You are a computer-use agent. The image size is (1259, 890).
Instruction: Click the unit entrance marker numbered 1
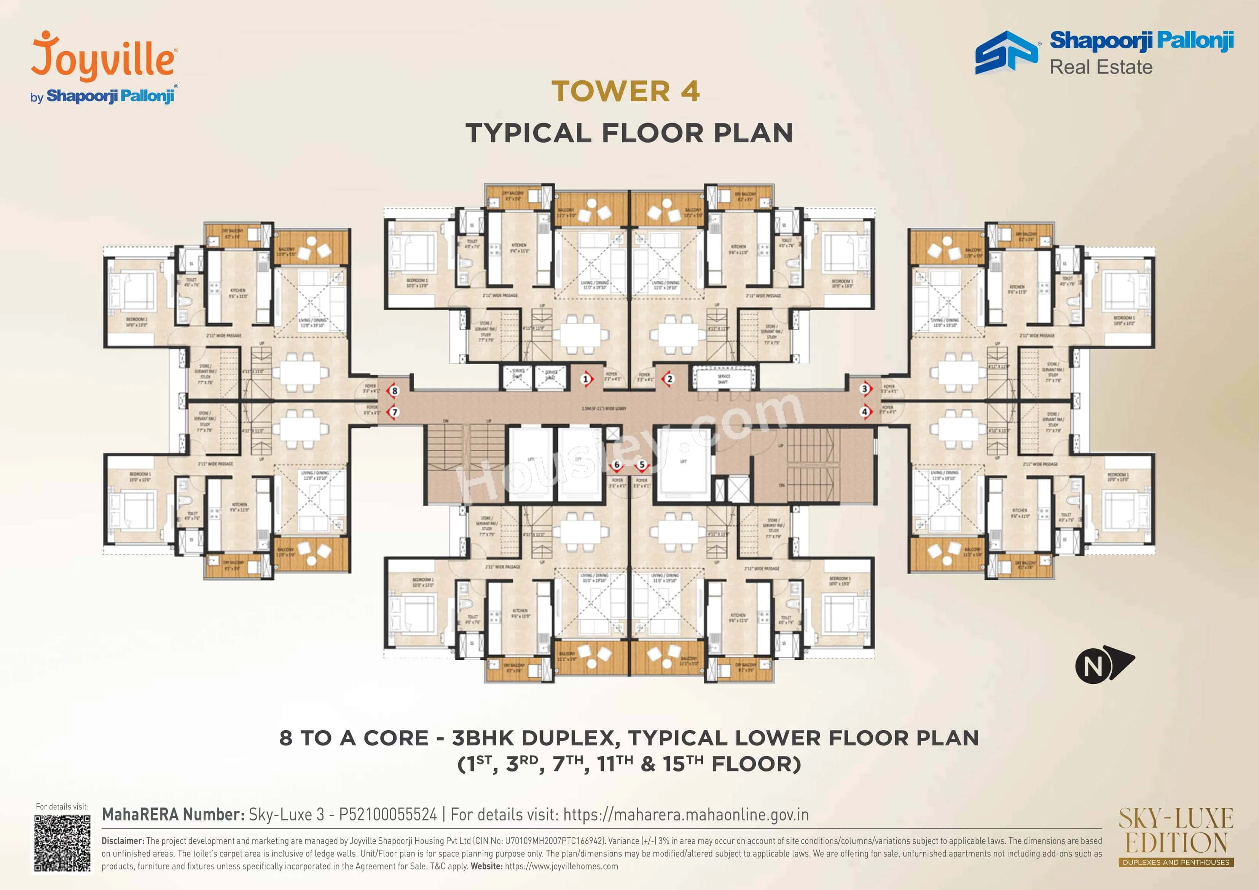(x=586, y=379)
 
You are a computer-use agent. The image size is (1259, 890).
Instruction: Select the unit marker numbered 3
(x=865, y=389)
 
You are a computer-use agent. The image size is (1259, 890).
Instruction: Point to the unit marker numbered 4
(x=865, y=411)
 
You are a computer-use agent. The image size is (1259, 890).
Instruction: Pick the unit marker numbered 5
(x=642, y=465)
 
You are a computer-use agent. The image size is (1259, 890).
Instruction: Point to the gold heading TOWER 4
(x=626, y=91)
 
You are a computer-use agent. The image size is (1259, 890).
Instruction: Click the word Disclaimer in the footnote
(x=122, y=841)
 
